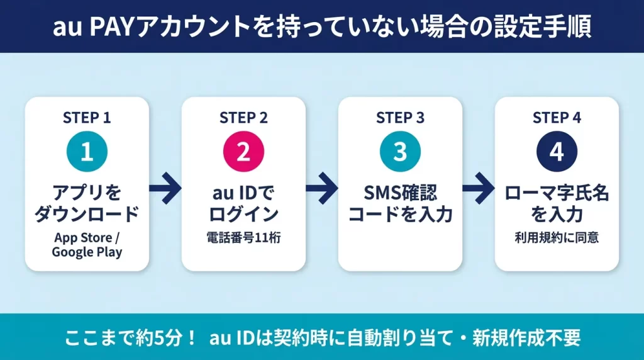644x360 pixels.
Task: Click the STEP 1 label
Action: point(87,118)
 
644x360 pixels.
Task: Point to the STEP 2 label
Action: point(243,118)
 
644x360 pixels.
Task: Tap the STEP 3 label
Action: point(400,118)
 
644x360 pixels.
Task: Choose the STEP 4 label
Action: point(557,118)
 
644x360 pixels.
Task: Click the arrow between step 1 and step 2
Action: point(165,188)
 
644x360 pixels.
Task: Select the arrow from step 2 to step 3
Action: point(321,188)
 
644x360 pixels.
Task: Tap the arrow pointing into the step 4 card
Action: point(478,188)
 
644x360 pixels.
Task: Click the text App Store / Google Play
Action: point(87,245)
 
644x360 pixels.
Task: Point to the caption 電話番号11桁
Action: point(243,238)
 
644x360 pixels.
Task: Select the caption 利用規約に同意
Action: point(557,238)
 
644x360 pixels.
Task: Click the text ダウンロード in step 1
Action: point(87,214)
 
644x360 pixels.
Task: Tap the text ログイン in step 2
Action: point(243,214)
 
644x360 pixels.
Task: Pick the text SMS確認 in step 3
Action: point(400,193)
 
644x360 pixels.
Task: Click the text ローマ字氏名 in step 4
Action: point(557,193)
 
